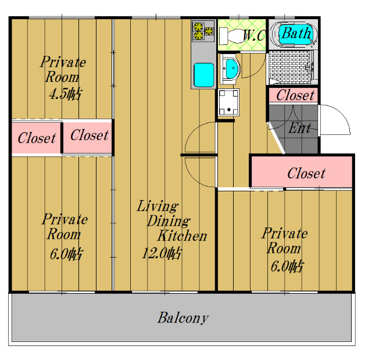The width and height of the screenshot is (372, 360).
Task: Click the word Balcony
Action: pos(183,318)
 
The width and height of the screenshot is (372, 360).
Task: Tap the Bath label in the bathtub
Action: pos(296,33)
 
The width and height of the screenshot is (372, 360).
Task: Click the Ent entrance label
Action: pos(299,129)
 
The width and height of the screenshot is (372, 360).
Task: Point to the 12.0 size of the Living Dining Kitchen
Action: pos(161,253)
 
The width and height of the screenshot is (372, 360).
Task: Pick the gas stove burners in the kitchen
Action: pos(203,31)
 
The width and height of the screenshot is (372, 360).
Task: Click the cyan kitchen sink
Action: pos(203,74)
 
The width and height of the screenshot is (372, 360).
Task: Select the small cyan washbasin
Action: pos(231,68)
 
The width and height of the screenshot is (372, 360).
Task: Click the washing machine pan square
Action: pos(229,102)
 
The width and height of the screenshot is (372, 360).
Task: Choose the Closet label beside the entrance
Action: pos(295,95)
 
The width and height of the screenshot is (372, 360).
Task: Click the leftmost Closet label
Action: pos(36,138)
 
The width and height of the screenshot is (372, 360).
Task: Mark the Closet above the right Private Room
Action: pos(306,173)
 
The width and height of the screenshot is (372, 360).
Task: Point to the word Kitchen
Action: pos(182,236)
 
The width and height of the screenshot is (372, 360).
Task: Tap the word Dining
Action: pos(167,221)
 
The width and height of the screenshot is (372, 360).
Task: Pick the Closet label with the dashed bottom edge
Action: pos(89,136)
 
